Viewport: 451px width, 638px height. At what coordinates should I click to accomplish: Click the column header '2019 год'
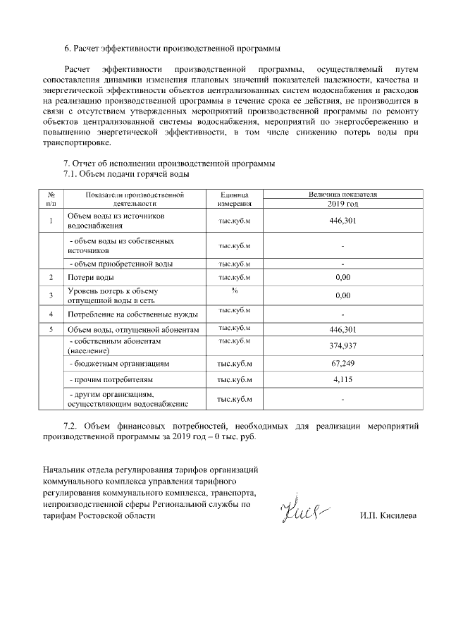[343, 203]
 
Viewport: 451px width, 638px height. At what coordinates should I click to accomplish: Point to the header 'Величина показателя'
[343, 193]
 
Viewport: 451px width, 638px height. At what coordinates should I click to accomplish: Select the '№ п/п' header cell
[51, 198]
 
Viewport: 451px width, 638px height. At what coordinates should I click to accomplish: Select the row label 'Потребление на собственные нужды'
[132, 314]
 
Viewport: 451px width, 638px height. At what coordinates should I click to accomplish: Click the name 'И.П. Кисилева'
[388, 515]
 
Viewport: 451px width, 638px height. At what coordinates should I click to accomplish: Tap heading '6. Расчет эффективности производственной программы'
[173, 49]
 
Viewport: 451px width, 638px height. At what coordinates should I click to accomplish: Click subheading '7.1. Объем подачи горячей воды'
[126, 173]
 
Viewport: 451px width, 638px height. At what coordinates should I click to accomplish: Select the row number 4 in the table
[51, 314]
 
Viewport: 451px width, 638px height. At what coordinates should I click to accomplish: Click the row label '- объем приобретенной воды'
[121, 264]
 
